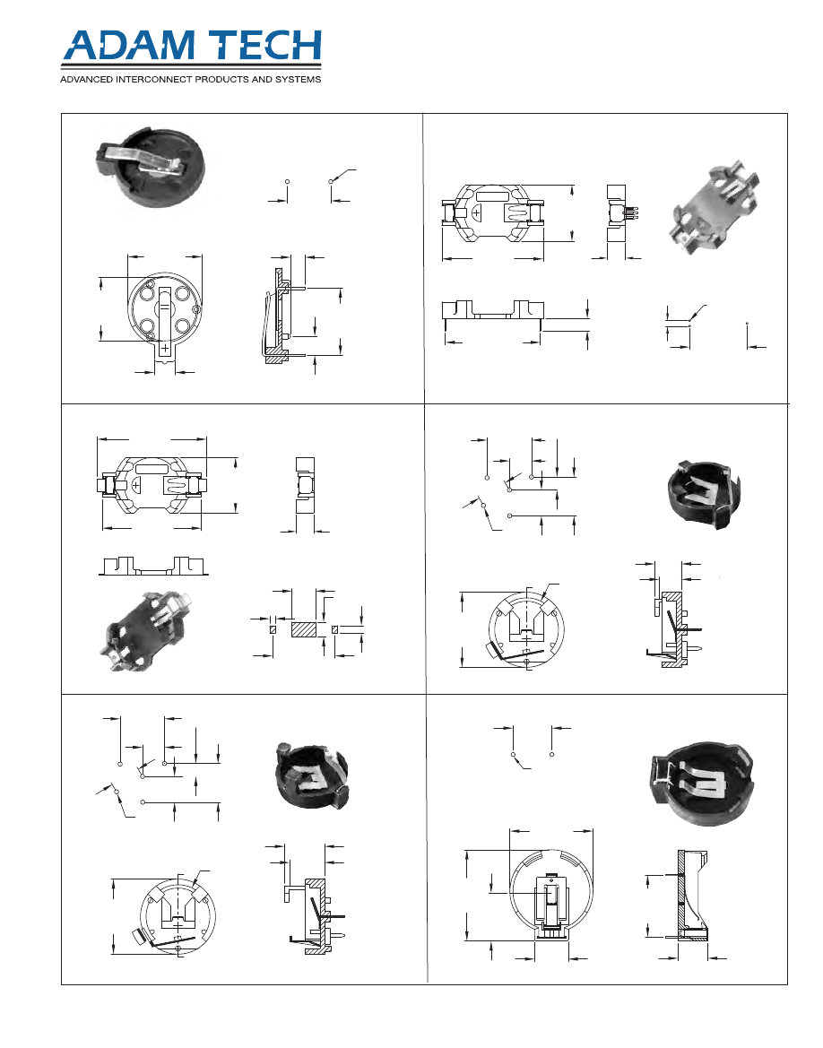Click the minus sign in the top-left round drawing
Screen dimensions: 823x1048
[164, 307]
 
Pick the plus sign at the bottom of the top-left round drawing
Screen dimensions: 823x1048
[164, 348]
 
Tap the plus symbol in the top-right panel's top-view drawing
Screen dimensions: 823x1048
[477, 214]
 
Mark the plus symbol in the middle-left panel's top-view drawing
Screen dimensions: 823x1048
[136, 484]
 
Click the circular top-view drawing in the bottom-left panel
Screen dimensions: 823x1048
[178, 915]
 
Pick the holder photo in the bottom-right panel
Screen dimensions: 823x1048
[701, 783]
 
